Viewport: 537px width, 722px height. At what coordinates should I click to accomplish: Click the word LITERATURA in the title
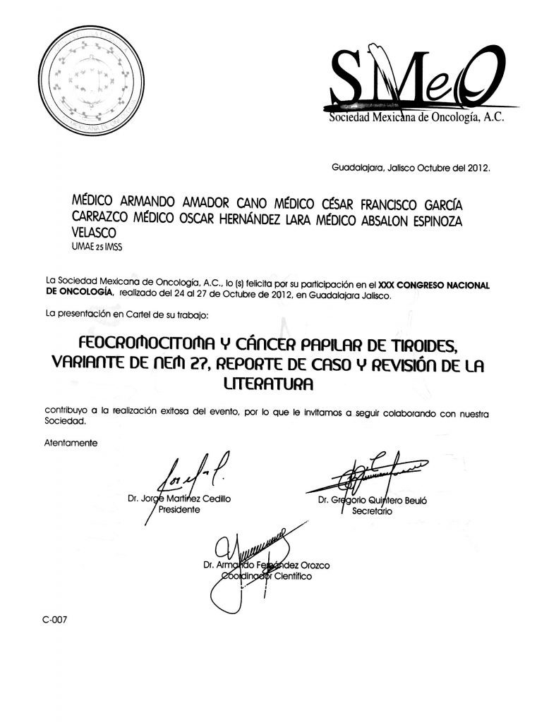tap(267, 386)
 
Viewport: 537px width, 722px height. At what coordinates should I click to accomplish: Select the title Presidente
tap(181, 509)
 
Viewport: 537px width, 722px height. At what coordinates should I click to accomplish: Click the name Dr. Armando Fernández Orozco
tap(265, 565)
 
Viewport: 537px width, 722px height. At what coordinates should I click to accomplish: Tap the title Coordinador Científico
tap(266, 575)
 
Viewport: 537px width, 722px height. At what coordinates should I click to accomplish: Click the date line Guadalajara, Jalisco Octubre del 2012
tap(410, 169)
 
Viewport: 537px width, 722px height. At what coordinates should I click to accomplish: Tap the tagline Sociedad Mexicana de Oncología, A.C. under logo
tap(416, 119)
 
